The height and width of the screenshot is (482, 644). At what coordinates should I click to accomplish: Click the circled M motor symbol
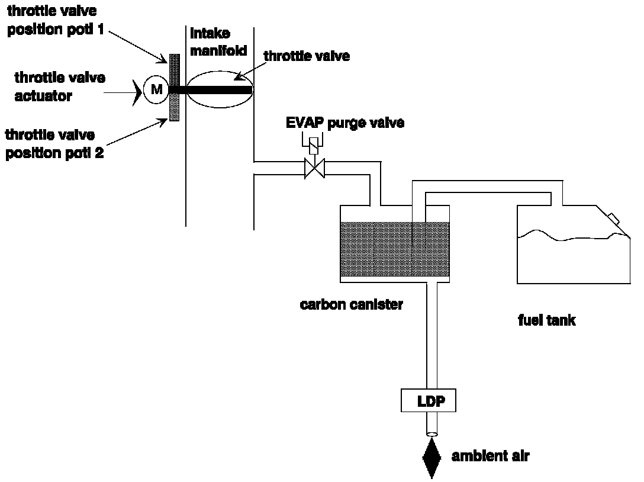156,90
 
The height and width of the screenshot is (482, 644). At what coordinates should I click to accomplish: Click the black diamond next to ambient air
432,457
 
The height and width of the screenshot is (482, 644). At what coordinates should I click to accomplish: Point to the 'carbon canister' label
352,306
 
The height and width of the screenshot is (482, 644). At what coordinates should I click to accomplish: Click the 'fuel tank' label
546,320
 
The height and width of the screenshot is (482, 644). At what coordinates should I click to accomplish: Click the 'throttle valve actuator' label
59,86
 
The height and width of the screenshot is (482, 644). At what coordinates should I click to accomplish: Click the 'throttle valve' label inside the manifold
307,57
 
